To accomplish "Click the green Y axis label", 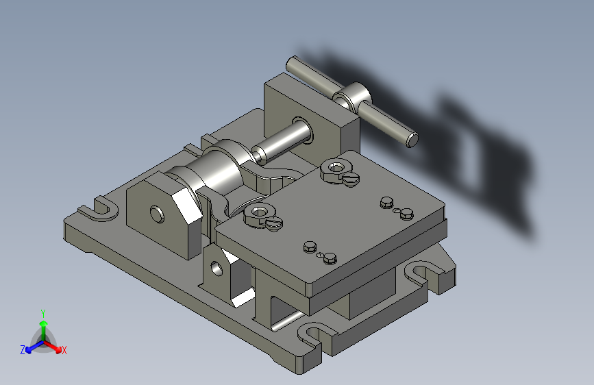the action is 43,314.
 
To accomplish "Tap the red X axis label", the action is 64,350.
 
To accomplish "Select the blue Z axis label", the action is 23,350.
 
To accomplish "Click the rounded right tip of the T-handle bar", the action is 412,139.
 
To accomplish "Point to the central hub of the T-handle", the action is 352,97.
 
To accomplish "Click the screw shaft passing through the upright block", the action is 282,141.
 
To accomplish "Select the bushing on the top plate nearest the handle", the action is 336,169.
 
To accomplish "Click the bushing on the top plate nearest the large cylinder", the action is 259,214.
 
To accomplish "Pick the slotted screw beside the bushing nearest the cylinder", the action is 274,224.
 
